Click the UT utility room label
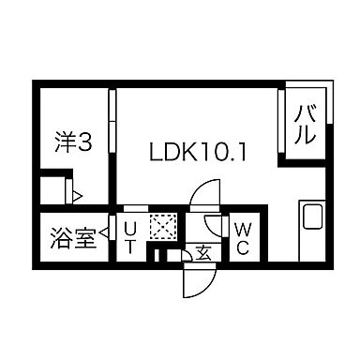(x=131, y=237)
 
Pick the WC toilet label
(x=242, y=236)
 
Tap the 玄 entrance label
(x=202, y=252)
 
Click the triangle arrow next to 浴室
(x=103, y=237)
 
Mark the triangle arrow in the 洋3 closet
(x=79, y=196)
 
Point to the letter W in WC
(x=242, y=229)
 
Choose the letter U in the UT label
(x=131, y=229)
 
